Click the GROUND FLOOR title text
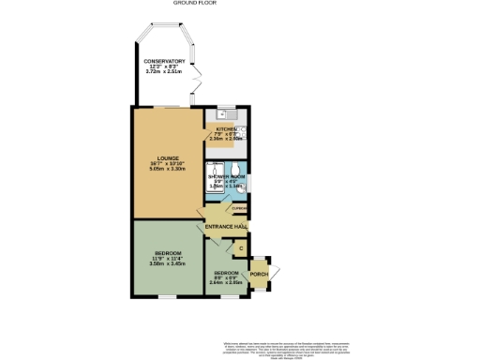(240, 3)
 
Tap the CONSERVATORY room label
(164, 63)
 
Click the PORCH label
(258, 275)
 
